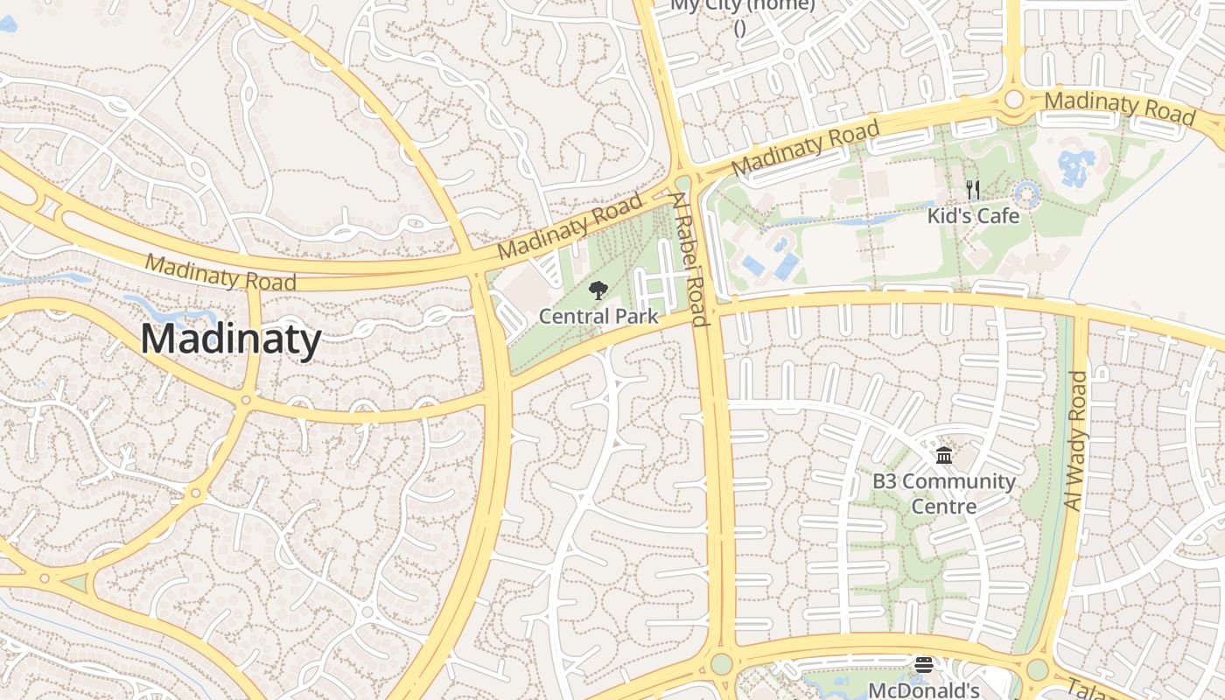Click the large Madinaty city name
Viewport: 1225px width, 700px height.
pyautogui.click(x=231, y=339)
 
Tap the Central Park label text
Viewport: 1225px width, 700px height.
pyautogui.click(x=598, y=316)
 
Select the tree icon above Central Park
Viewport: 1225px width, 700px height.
pyautogui.click(x=598, y=290)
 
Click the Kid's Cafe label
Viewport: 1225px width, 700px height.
pyautogui.click(x=973, y=215)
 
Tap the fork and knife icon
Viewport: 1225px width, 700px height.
pyautogui.click(x=972, y=189)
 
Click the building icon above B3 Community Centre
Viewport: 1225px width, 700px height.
pyautogui.click(x=944, y=455)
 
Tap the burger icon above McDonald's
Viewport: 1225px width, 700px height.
pyautogui.click(x=924, y=666)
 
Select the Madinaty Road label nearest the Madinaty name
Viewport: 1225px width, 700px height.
pyautogui.click(x=220, y=273)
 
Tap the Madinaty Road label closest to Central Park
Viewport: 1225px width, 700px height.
pyautogui.click(x=570, y=227)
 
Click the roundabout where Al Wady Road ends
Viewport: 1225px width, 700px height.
pyautogui.click(x=1037, y=670)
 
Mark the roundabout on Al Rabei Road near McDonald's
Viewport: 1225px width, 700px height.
pyautogui.click(x=722, y=663)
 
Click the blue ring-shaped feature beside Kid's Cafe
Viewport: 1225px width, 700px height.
pyautogui.click(x=1025, y=193)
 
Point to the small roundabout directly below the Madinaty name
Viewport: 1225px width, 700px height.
pyautogui.click(x=246, y=401)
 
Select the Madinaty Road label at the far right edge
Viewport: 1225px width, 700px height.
pyautogui.click(x=1119, y=107)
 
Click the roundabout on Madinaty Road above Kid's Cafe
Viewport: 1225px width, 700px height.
pyautogui.click(x=1014, y=99)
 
